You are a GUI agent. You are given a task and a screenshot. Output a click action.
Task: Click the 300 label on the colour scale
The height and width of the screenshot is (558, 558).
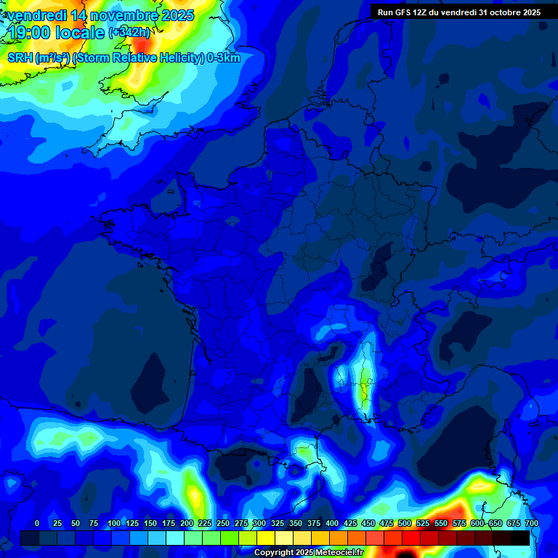pyautogui.click(x=259, y=523)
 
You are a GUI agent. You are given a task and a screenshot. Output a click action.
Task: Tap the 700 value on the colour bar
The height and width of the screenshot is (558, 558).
pyautogui.click(x=531, y=523)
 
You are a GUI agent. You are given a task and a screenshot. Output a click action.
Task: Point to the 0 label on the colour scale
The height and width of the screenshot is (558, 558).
pyautogui.click(x=37, y=523)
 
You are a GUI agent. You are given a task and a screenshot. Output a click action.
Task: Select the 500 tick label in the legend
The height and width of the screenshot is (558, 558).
pyautogui.click(x=404, y=523)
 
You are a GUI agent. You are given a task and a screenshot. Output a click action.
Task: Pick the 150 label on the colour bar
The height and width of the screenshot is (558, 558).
pyautogui.click(x=150, y=523)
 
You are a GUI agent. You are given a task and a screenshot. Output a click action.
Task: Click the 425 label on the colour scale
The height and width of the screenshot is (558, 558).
pyautogui.click(x=349, y=523)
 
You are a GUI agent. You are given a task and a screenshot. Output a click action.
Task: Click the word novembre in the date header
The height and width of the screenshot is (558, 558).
pyautogui.click(x=121, y=15)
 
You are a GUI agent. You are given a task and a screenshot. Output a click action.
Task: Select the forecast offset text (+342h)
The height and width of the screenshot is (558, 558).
pyautogui.click(x=129, y=33)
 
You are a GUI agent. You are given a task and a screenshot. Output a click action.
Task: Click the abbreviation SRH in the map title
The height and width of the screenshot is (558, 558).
pyautogui.click(x=20, y=58)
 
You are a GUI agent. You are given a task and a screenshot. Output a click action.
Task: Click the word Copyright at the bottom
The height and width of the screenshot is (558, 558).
pyautogui.click(x=273, y=552)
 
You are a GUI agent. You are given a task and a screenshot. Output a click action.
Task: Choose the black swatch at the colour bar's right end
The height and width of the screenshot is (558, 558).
pyautogui.click(x=520, y=538)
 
